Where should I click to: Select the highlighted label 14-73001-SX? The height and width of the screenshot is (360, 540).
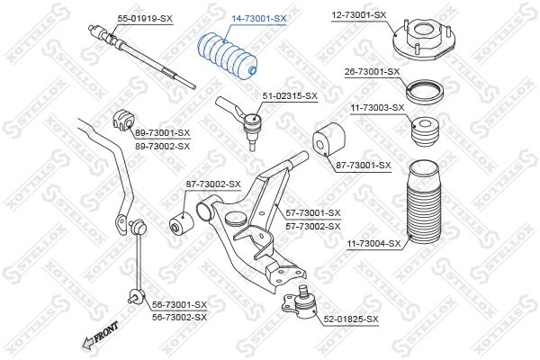[258, 17]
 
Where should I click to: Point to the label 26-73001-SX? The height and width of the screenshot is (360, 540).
[372, 70]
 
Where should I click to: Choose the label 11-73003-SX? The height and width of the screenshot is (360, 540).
[377, 107]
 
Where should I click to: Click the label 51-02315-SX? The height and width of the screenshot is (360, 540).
[290, 94]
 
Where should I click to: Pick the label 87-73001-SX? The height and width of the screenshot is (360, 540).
[363, 165]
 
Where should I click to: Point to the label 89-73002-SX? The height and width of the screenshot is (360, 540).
[162, 145]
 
